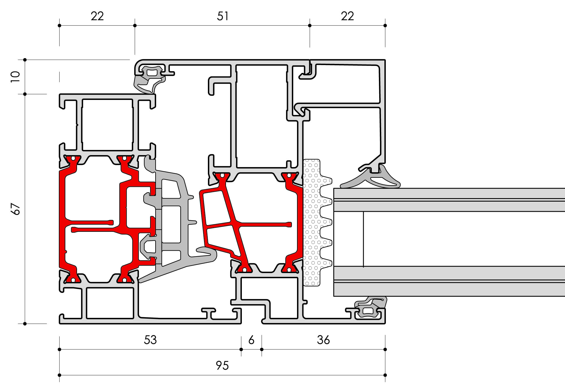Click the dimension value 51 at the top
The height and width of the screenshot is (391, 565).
tap(223, 16)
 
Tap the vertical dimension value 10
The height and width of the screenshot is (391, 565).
tap(15, 77)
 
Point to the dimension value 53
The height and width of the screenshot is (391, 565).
tap(150, 340)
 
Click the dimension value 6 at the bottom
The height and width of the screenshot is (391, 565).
tap(251, 340)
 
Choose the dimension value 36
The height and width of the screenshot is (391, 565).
tap(323, 340)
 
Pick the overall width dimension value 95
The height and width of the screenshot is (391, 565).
tap(222, 365)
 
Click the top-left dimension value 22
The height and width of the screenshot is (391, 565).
tap(97, 16)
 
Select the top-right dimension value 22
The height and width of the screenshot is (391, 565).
tap(347, 16)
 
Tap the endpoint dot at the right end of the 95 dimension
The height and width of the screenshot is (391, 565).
tap(385, 375)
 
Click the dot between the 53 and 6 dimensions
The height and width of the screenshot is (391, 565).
tap(241, 349)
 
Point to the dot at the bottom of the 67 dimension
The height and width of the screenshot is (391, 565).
tap(25, 324)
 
